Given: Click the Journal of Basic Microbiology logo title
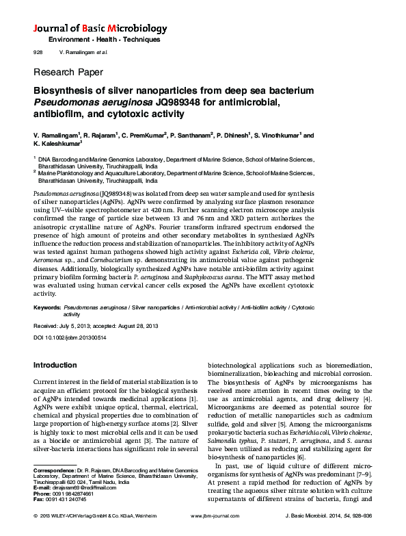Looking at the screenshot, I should click(x=100, y=29).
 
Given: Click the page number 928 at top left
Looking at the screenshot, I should click(x=38, y=53).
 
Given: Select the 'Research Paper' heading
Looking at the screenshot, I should click(x=68, y=72).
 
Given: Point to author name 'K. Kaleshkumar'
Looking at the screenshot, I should click(x=57, y=144).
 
